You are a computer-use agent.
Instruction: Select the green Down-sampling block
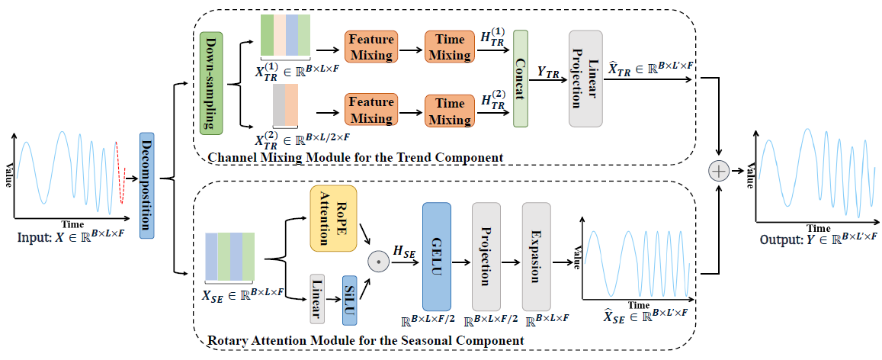[211, 82]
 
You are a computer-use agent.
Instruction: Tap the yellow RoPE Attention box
[333, 218]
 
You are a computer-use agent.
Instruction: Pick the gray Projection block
[486, 257]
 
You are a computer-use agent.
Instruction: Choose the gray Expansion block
[536, 257]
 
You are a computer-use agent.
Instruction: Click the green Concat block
[521, 79]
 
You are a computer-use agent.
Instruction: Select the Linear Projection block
[585, 79]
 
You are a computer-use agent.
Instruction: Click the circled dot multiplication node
[378, 261]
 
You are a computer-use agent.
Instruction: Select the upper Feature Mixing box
[370, 47]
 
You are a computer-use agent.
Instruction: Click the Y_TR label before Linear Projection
[548, 72]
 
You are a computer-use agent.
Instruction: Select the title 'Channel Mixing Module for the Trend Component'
[355, 157]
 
